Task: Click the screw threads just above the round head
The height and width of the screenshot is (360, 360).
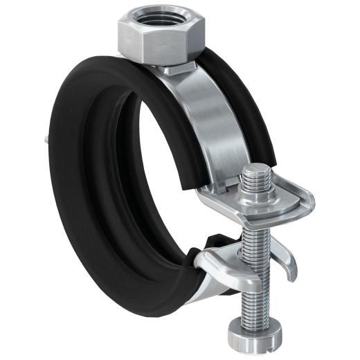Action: pyautogui.click(x=257, y=305)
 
